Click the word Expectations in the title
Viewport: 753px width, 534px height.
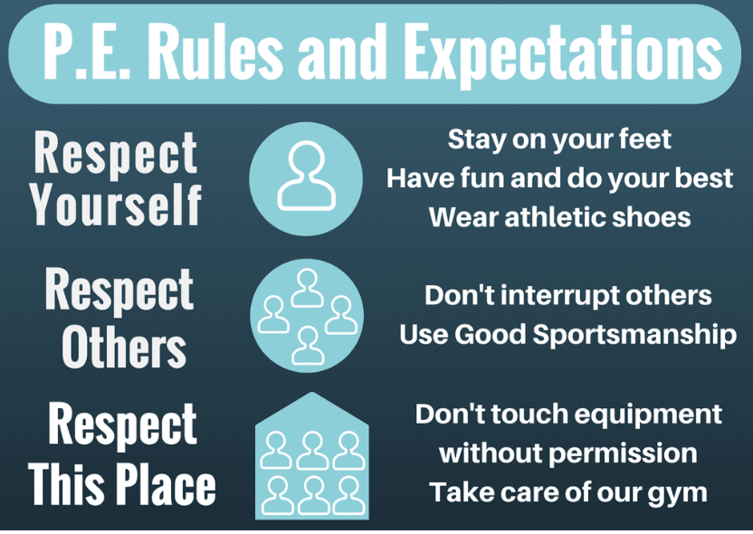tap(563, 52)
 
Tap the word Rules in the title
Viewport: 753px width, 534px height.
tap(214, 50)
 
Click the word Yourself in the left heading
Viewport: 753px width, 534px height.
tap(115, 205)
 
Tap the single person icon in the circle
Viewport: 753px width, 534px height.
tap(307, 176)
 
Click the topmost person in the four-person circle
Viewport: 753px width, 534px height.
tap(308, 288)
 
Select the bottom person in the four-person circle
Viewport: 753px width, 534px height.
tap(308, 346)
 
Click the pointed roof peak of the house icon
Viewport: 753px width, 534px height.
tap(312, 393)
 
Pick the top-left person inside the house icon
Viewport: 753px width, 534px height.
tap(276, 450)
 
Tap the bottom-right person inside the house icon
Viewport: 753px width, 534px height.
tap(348, 496)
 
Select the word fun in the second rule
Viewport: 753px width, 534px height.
tap(482, 177)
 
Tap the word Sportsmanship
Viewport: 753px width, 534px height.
tap(634, 335)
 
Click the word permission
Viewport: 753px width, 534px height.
tap(623, 453)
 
